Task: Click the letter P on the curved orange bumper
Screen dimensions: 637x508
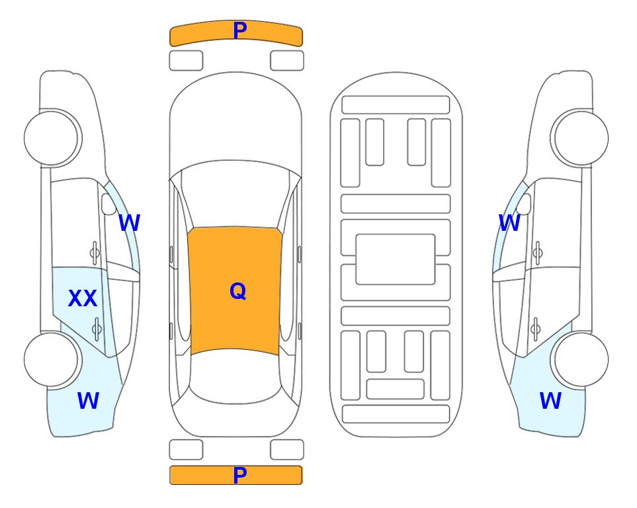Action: click(240, 30)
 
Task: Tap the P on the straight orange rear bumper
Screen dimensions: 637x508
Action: click(240, 475)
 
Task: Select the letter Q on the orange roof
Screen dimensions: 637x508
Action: click(238, 291)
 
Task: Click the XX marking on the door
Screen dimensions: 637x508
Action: click(83, 298)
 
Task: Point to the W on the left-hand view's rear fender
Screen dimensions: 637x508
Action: click(88, 401)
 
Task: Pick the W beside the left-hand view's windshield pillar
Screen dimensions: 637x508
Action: click(129, 223)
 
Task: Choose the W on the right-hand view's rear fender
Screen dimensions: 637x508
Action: click(550, 401)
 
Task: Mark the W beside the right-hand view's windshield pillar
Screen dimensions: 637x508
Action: click(509, 223)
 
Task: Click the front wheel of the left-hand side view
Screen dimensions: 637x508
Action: click(52, 138)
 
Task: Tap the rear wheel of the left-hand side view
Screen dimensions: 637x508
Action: click(52, 359)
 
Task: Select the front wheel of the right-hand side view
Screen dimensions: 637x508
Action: click(581, 138)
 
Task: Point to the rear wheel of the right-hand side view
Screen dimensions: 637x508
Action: click(581, 359)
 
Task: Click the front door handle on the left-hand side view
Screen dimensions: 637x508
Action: click(95, 253)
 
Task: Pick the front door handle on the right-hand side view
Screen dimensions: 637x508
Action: click(538, 253)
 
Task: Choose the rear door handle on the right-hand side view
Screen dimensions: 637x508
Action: click(535, 329)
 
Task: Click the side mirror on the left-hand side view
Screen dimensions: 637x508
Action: click(109, 204)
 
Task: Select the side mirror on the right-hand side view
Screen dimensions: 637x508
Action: click(524, 204)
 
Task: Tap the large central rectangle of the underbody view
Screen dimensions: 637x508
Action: click(396, 259)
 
